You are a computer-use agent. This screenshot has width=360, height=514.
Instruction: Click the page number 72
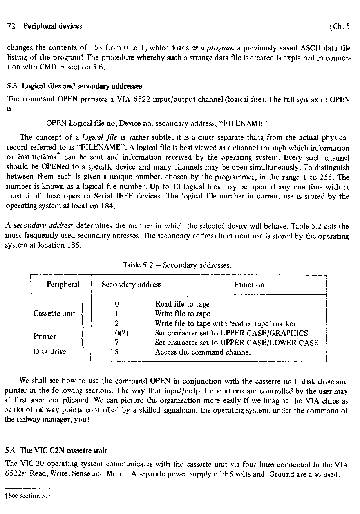[11, 26]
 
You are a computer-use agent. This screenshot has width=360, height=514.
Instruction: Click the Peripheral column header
[63, 285]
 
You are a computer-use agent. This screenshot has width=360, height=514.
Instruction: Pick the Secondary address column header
[132, 285]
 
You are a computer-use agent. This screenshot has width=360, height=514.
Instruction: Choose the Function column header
[249, 285]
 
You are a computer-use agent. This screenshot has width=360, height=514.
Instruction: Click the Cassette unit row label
[54, 314]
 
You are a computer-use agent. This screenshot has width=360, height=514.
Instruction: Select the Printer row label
[45, 337]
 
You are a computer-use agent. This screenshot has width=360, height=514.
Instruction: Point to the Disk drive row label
[50, 352]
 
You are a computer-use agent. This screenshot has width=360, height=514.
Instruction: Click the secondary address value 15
[114, 352]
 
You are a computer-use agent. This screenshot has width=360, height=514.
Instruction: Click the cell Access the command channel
[203, 352]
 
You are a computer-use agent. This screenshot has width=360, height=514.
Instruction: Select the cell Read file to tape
[182, 304]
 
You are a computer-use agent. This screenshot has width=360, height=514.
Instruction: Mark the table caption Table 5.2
[140, 265]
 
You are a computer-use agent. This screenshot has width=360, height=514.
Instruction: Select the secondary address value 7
[117, 343]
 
